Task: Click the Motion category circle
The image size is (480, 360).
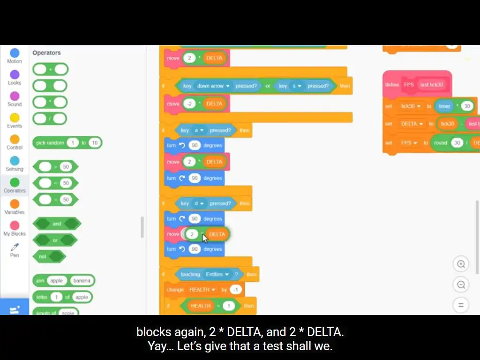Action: click(x=15, y=53)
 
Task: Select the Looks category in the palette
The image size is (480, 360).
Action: click(x=15, y=75)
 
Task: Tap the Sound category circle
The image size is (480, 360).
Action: click(x=15, y=97)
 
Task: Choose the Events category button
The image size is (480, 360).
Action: click(x=15, y=118)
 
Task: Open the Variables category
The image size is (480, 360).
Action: click(x=15, y=204)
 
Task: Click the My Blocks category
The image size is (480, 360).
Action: click(x=15, y=226)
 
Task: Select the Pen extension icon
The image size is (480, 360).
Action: click(x=15, y=247)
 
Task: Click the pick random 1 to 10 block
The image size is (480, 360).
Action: click(x=49, y=143)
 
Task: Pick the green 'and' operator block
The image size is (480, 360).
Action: click(x=57, y=224)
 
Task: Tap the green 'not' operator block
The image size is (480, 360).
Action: click(x=42, y=256)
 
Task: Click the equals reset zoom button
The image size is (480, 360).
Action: click(x=461, y=305)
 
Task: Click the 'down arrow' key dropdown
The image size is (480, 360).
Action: click(x=213, y=86)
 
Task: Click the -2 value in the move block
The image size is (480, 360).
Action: click(x=189, y=104)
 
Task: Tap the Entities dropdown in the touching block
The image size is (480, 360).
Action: click(x=216, y=274)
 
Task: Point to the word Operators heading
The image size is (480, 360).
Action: click(x=46, y=53)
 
